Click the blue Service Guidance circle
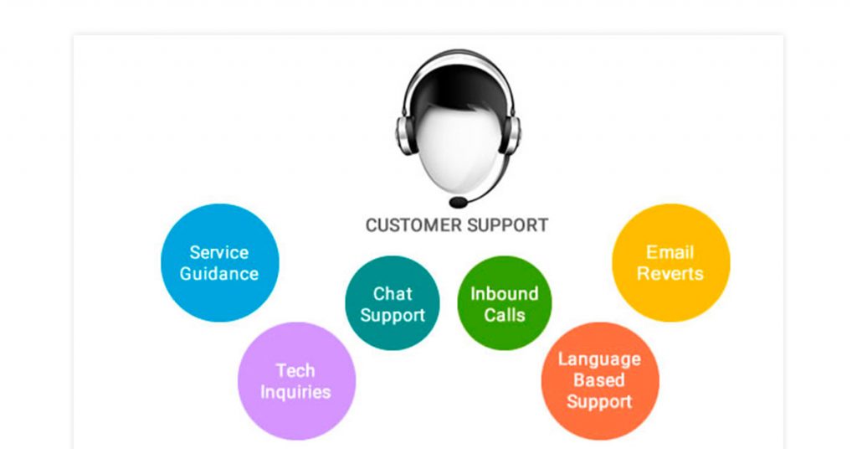pyautogui.click(x=220, y=262)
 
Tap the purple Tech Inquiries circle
pyautogui.click(x=296, y=381)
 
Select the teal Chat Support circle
pyautogui.click(x=393, y=303)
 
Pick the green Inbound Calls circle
pyautogui.click(x=505, y=303)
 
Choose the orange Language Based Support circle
pyautogui.click(x=600, y=381)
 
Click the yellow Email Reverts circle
pyautogui.click(x=670, y=262)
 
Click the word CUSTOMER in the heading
pyautogui.click(x=413, y=225)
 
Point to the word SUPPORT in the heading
pyautogui.click(x=508, y=225)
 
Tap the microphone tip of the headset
pyautogui.click(x=459, y=203)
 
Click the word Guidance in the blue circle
pyautogui.click(x=219, y=273)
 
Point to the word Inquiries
pyautogui.click(x=295, y=392)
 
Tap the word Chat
pyautogui.click(x=393, y=294)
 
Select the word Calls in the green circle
pyautogui.click(x=505, y=315)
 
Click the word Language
pyautogui.click(x=599, y=360)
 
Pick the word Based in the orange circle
pyautogui.click(x=599, y=380)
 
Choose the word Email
pyautogui.click(x=670, y=252)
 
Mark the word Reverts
pyautogui.click(x=670, y=273)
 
